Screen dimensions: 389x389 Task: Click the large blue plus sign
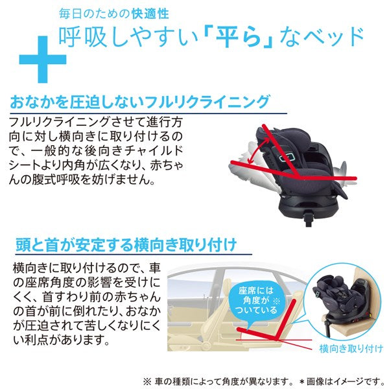[x=43, y=60]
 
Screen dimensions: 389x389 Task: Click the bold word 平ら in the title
[x=239, y=38]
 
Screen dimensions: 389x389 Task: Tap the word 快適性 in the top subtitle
[x=150, y=14]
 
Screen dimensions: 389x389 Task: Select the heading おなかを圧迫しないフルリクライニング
[x=139, y=102]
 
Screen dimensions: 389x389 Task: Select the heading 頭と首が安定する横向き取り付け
[x=126, y=244]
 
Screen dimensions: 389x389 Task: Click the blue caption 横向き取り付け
[x=351, y=349]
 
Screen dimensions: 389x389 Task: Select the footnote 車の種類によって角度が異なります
[x=222, y=381]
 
